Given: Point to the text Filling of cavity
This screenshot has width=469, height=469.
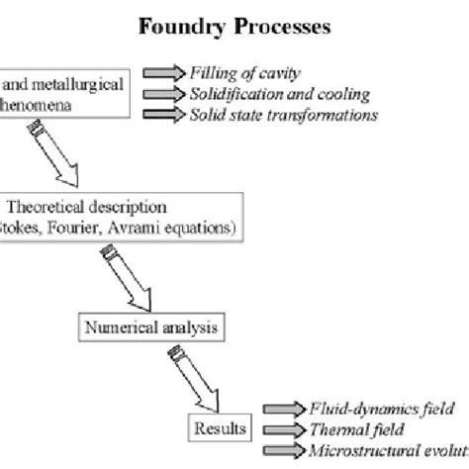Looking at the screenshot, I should pyautogui.click(x=246, y=73).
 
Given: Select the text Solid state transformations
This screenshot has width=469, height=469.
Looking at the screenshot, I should pyautogui.click(x=283, y=115).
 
